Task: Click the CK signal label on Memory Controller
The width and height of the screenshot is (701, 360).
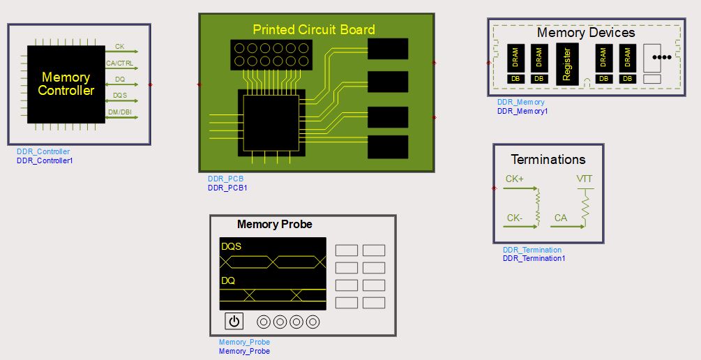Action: click(x=120, y=47)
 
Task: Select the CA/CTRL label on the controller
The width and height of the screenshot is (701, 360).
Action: click(x=119, y=63)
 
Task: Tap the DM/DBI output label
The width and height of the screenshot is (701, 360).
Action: click(x=120, y=112)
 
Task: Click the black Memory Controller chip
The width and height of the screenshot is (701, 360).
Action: click(x=66, y=84)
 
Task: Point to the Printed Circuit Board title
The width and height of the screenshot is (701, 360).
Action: click(x=313, y=29)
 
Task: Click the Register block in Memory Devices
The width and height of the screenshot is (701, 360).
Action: click(x=567, y=64)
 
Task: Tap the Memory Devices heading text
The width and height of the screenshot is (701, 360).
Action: click(x=586, y=33)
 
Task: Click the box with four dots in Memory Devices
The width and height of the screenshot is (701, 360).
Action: click(x=656, y=58)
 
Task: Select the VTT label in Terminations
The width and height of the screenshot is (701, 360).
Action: click(x=585, y=179)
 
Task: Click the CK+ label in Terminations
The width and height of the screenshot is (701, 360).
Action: click(x=515, y=179)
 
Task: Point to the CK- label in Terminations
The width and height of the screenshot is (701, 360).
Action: click(x=515, y=218)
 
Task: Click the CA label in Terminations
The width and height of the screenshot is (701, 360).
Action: click(x=561, y=218)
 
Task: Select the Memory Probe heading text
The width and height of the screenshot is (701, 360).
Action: click(x=275, y=225)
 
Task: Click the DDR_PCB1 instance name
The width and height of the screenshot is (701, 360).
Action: click(x=227, y=188)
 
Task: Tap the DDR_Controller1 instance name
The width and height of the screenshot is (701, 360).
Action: click(x=45, y=160)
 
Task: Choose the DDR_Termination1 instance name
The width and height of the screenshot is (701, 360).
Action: click(x=534, y=258)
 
